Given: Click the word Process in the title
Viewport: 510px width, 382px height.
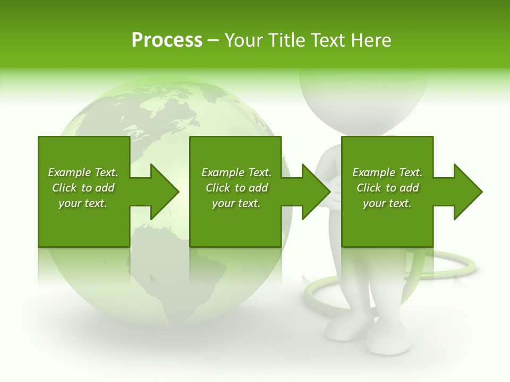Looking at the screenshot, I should (x=167, y=40).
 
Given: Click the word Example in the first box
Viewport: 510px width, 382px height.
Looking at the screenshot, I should (x=69, y=172).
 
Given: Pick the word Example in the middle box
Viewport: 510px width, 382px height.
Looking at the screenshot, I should (x=223, y=172).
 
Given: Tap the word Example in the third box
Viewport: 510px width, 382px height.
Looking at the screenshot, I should (x=373, y=172).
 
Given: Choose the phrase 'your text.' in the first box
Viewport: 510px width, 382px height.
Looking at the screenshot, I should (x=83, y=203).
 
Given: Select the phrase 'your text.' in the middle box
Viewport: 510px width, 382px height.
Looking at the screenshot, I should (x=236, y=203).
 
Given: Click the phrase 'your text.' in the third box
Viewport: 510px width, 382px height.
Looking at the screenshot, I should (x=387, y=203).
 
